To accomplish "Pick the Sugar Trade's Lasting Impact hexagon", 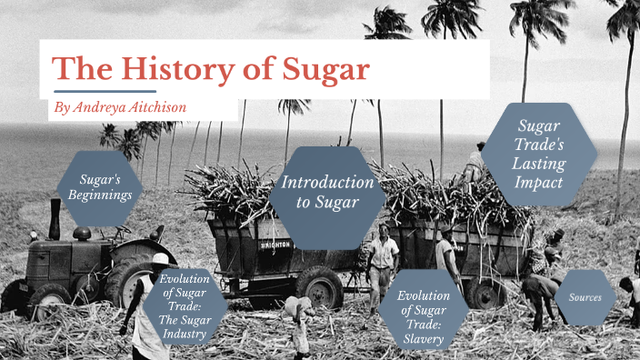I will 539,154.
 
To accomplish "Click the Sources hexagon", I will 585,297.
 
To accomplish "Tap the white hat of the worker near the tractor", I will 160,259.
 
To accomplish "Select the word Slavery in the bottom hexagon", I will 424,339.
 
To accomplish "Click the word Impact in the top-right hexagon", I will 538,181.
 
